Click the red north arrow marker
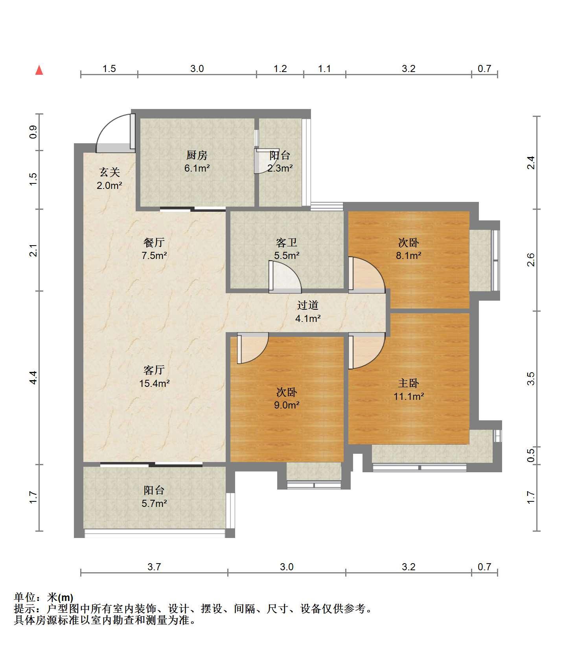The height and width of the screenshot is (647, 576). [39, 70]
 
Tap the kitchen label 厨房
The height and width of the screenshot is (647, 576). [197, 155]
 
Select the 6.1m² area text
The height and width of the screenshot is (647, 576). [197, 168]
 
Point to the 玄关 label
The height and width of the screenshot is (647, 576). [109, 172]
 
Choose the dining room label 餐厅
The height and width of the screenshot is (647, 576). [154, 242]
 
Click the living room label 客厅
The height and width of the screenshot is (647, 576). [154, 370]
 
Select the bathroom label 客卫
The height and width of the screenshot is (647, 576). [287, 242]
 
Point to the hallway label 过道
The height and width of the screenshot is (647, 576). [307, 305]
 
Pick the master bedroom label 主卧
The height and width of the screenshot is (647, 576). [409, 383]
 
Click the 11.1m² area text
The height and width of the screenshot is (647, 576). [409, 396]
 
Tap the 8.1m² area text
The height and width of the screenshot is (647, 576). [409, 255]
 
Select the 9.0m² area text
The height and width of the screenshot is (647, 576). [287, 405]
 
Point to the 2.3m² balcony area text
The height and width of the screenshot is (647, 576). [280, 168]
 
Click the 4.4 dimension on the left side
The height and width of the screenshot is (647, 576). [33, 378]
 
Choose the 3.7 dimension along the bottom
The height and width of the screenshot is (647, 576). [154, 567]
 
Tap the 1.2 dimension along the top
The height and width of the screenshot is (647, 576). [280, 68]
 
